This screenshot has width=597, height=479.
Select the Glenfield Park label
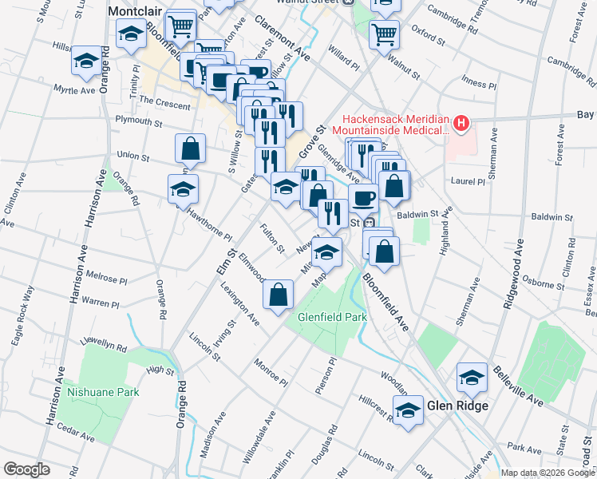click(x=332, y=317)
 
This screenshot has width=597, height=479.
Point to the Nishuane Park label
click(x=103, y=392)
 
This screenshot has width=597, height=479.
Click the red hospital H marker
click(x=460, y=124)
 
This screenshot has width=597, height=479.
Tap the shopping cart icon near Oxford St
click(x=384, y=34)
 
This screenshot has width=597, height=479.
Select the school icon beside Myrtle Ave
click(x=85, y=61)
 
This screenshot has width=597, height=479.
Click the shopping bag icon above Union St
click(x=191, y=148)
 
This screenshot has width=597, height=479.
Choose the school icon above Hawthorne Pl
click(x=184, y=189)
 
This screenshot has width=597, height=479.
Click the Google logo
click(x=26, y=469)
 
